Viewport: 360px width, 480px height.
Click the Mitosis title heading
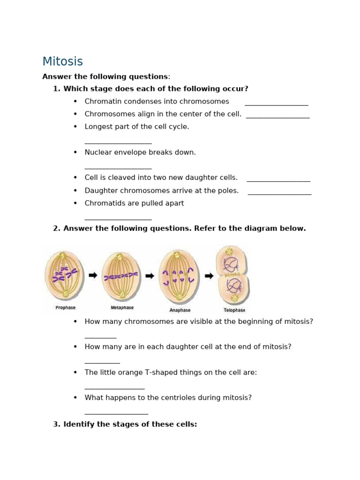(62, 62)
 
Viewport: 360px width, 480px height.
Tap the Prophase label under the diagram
(65, 308)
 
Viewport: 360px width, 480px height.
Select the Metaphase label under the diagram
(122, 308)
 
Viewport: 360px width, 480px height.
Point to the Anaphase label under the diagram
(180, 310)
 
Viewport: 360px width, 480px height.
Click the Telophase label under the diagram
(234, 310)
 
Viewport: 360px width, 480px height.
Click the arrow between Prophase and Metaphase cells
(93, 275)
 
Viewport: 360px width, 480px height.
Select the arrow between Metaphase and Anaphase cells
(150, 276)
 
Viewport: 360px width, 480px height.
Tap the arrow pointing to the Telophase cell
(209, 276)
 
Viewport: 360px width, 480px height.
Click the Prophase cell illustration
(64, 275)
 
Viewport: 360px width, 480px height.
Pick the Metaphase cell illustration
(121, 276)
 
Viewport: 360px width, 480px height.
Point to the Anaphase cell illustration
(179, 277)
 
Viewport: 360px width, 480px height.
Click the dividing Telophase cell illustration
(232, 275)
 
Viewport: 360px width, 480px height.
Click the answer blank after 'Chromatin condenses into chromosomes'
(276, 105)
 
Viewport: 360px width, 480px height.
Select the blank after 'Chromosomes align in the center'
(277, 117)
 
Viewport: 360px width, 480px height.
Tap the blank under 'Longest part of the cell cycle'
(118, 142)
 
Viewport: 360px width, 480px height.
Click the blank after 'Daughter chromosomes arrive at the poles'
(279, 194)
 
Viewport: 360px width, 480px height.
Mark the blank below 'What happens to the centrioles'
(116, 413)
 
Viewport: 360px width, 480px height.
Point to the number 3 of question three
(56, 424)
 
